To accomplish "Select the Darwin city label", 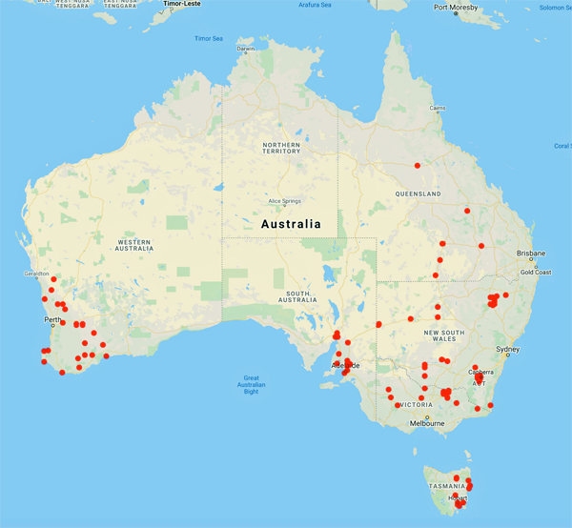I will [246, 49].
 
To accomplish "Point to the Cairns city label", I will [437, 108].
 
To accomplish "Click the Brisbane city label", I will [530, 254].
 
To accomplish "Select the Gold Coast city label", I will [535, 273].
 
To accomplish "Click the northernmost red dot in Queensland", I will [417, 165].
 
